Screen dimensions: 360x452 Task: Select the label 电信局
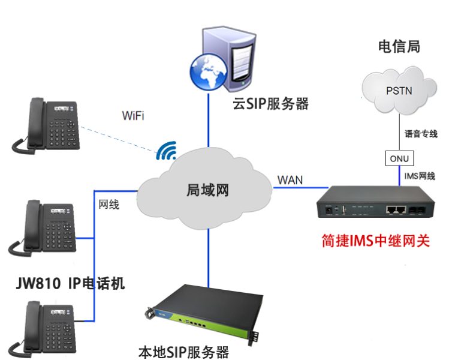pyautogui.click(x=399, y=46)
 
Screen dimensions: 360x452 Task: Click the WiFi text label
pyautogui.click(x=132, y=115)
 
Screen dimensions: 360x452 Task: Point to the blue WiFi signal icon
pyautogui.click(x=166, y=151)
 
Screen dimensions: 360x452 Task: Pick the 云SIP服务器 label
pyautogui.click(x=271, y=104)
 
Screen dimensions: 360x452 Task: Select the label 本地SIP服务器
pyautogui.click(x=183, y=350)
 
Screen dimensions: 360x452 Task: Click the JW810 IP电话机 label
pyautogui.click(x=70, y=283)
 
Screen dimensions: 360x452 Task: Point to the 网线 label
pyautogui.click(x=109, y=205)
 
